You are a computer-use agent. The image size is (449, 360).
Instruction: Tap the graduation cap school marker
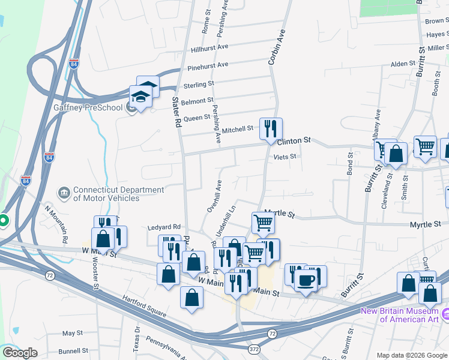tap(140, 97)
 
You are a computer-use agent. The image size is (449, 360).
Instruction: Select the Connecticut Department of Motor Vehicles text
tap(118, 194)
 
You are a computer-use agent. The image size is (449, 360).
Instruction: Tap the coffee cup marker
tap(306, 280)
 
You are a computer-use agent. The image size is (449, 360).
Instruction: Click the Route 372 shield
tap(254, 349)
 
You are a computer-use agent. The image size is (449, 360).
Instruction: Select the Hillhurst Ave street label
tap(210, 47)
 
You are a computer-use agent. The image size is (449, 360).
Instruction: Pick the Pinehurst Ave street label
tap(208, 65)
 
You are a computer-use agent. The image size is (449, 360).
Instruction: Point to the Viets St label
tap(285, 157)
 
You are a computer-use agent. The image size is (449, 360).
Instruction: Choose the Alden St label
tap(403, 64)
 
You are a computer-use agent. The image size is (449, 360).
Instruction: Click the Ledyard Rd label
tap(164, 227)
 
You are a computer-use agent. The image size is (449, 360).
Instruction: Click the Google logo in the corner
tap(20, 353)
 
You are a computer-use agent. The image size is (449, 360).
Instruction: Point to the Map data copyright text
tap(412, 355)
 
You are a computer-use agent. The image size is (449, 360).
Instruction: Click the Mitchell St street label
tap(238, 129)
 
